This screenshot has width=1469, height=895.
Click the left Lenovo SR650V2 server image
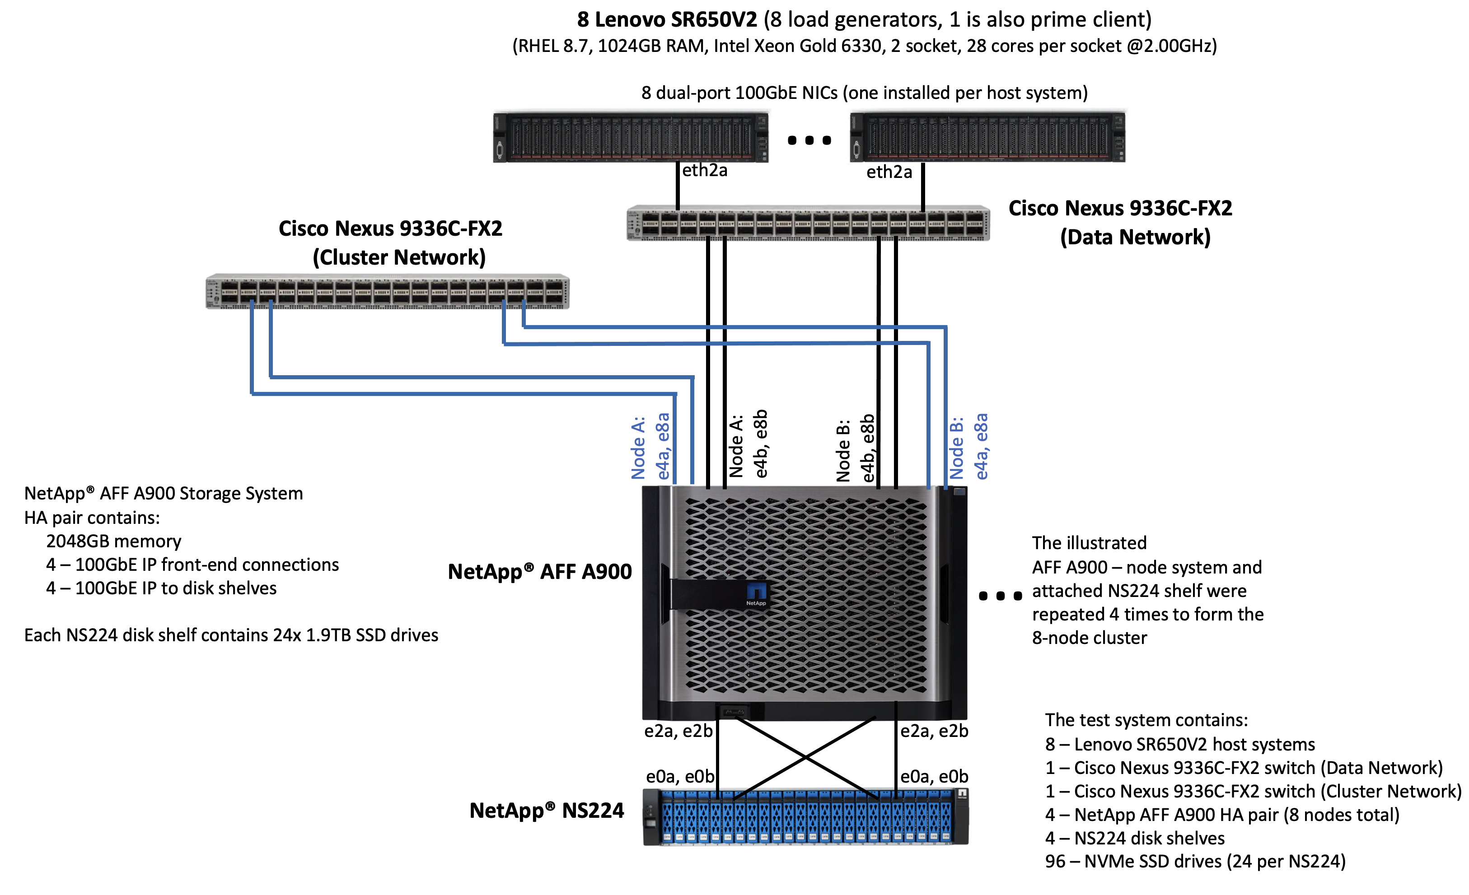click(630, 138)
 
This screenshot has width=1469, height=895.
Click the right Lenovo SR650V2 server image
click(987, 138)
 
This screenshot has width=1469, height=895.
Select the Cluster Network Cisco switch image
click(387, 292)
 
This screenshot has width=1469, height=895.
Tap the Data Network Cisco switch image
click(808, 224)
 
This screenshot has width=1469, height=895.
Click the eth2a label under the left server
click(705, 171)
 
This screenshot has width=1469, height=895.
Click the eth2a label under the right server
click(889, 172)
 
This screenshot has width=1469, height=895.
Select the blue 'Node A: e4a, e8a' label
click(650, 447)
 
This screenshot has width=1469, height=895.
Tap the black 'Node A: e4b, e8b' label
click(748, 444)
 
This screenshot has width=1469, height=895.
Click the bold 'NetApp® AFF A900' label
click(539, 572)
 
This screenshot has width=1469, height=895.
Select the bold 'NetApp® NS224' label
click(546, 811)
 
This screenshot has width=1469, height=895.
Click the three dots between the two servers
click(809, 140)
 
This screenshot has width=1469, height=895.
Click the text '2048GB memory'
click(113, 541)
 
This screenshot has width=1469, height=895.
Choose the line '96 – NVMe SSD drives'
click(1195, 862)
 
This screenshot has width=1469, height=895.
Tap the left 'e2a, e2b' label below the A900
click(678, 731)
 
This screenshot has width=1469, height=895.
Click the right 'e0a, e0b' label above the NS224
click(934, 776)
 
